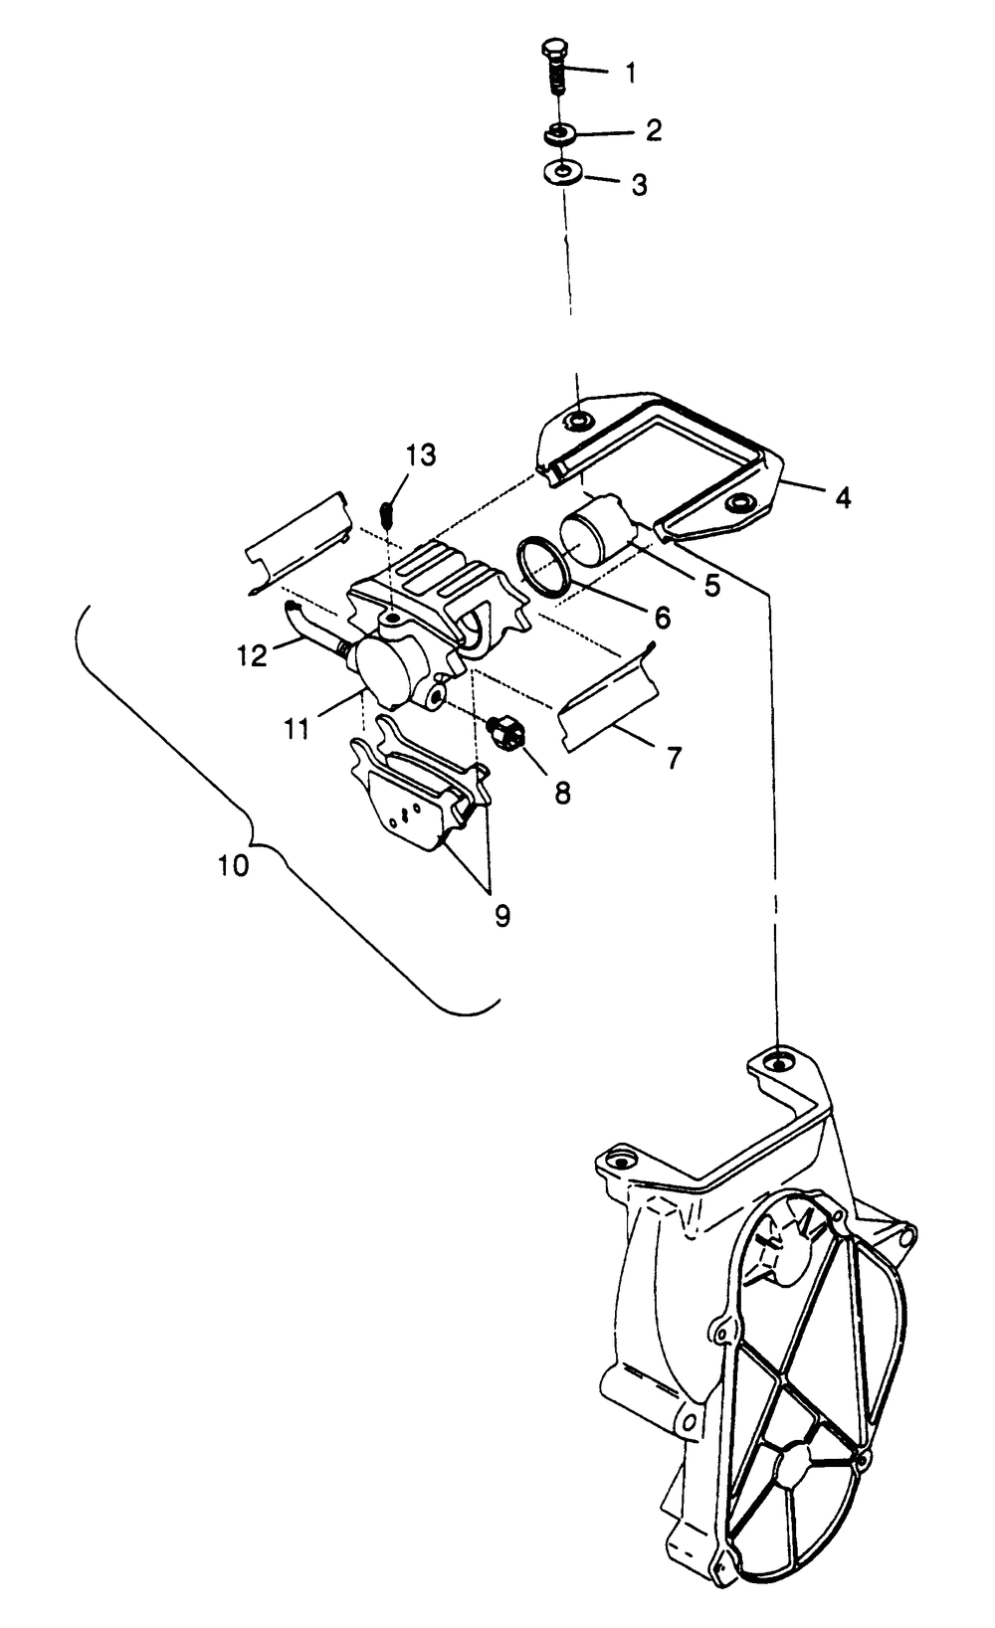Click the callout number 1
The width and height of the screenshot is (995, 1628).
pos(631,73)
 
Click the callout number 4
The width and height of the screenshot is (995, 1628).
pos(843,498)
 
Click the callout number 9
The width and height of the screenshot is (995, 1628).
pos(502,916)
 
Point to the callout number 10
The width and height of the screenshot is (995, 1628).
pos(234,865)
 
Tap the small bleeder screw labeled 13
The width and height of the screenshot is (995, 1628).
pos(389,515)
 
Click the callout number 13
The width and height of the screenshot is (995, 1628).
pos(420,455)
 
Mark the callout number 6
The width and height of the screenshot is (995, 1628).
pos(662,619)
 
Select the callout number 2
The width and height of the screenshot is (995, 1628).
pos(653,129)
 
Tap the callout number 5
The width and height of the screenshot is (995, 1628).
pos(711,585)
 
